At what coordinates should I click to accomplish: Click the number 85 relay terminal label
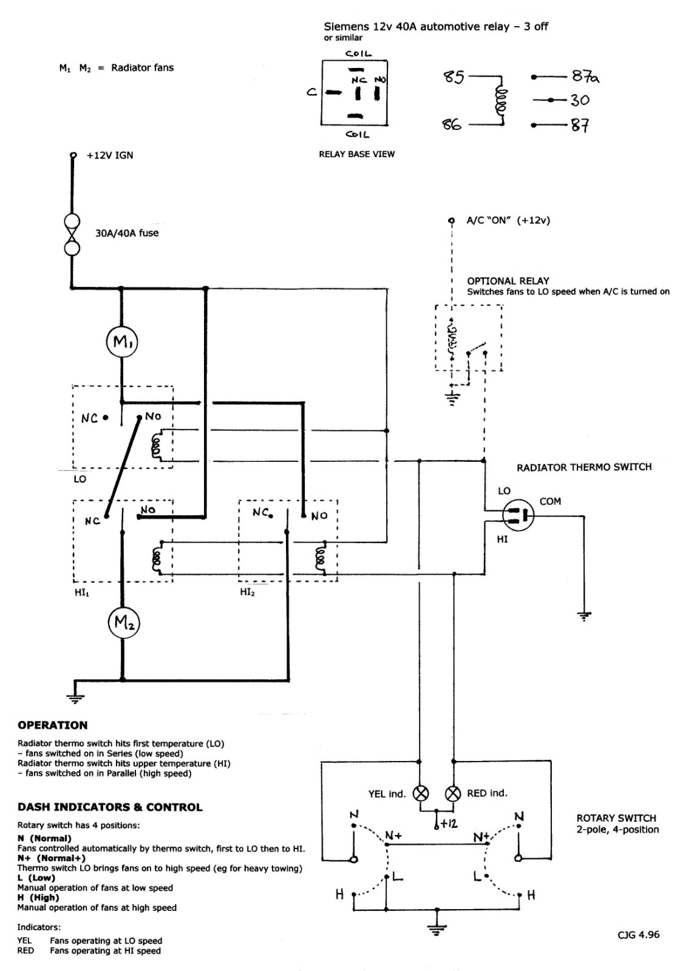click(x=454, y=77)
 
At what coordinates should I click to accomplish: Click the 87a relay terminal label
click(x=585, y=76)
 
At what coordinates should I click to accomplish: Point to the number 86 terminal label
click(x=452, y=125)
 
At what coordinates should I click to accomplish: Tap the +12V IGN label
click(x=110, y=155)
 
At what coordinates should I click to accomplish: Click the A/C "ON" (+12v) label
click(x=508, y=220)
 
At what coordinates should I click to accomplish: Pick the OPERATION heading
click(x=52, y=725)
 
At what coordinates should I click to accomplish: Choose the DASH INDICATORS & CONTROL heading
click(x=110, y=807)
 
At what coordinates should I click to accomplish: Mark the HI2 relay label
click(x=247, y=592)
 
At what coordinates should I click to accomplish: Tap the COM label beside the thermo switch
click(x=550, y=501)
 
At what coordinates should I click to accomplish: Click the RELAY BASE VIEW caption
click(x=356, y=154)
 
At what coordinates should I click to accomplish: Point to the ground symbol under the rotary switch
click(x=437, y=929)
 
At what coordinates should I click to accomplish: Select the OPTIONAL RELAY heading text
click(x=508, y=280)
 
